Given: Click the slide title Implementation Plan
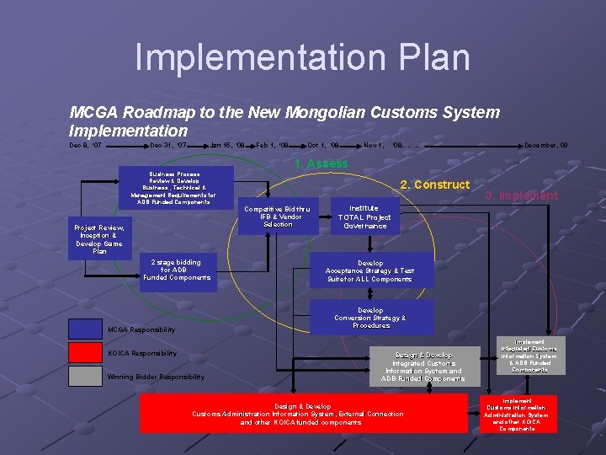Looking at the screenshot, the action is pyautogui.click(x=302, y=57).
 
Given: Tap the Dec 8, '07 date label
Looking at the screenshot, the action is pyautogui.click(x=85, y=146).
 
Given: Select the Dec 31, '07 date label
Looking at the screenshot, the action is pyautogui.click(x=167, y=146).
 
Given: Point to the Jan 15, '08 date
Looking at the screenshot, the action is pyautogui.click(x=227, y=146).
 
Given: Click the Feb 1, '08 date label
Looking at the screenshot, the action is pyautogui.click(x=273, y=146).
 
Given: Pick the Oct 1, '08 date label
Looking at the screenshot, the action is pyautogui.click(x=323, y=146).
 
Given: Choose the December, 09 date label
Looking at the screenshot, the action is pyautogui.click(x=545, y=146).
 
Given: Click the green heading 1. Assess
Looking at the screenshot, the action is pyautogui.click(x=321, y=163).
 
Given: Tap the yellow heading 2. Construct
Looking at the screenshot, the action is pyautogui.click(x=434, y=185).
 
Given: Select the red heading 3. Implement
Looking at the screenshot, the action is pyautogui.click(x=522, y=195).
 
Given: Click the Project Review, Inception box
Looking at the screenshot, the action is pyautogui.click(x=99, y=239).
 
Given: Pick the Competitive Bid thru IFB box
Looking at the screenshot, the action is pyautogui.click(x=278, y=217).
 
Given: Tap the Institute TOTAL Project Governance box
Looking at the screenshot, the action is pyautogui.click(x=364, y=217).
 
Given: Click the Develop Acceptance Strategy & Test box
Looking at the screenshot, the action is pyautogui.click(x=370, y=270).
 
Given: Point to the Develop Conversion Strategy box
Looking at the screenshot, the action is pyautogui.click(x=370, y=317).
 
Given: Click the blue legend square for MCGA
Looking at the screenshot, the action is pyautogui.click(x=85, y=329).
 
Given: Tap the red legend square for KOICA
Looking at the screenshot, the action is pyautogui.click(x=85, y=353).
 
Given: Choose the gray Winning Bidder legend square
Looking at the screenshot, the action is pyautogui.click(x=85, y=376).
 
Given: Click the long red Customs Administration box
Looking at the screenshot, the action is pyautogui.click(x=303, y=414).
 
